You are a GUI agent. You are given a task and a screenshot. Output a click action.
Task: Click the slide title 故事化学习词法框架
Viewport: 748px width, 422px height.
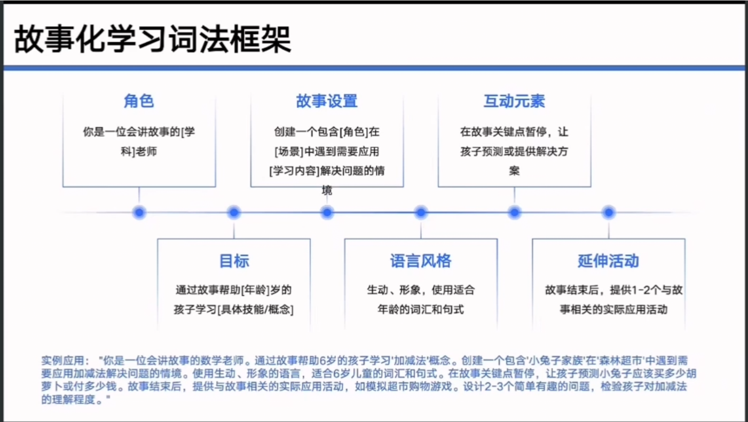pyautogui.click(x=153, y=40)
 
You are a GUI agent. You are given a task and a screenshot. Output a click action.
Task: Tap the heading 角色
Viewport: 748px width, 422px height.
pyautogui.click(x=139, y=101)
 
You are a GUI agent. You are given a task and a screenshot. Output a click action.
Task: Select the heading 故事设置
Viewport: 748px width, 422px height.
pyautogui.click(x=327, y=101)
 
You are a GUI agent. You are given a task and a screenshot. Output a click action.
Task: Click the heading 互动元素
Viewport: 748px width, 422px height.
pyautogui.click(x=514, y=101)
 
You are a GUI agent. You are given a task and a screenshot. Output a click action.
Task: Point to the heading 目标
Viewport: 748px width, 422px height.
pyautogui.click(x=234, y=261)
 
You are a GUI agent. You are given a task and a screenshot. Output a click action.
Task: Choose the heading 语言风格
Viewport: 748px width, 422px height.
pyautogui.click(x=421, y=261)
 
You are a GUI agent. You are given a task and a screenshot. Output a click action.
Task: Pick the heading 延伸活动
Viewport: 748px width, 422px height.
pyautogui.click(x=608, y=261)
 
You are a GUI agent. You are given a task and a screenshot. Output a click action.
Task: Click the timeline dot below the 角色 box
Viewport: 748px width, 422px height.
pyautogui.click(x=139, y=213)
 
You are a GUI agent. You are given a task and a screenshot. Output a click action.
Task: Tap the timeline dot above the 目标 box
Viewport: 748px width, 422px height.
pyautogui.click(x=233, y=213)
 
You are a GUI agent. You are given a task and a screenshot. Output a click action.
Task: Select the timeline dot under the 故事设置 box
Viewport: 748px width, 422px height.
pyautogui.click(x=327, y=213)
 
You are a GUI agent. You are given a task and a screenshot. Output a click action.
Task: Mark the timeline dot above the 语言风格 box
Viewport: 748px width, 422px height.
pyautogui.click(x=421, y=213)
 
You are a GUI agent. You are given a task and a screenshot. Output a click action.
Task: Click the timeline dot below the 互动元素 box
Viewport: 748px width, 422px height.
pyautogui.click(x=514, y=213)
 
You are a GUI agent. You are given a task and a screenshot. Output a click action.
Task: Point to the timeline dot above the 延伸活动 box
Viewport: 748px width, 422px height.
pyautogui.click(x=608, y=213)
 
